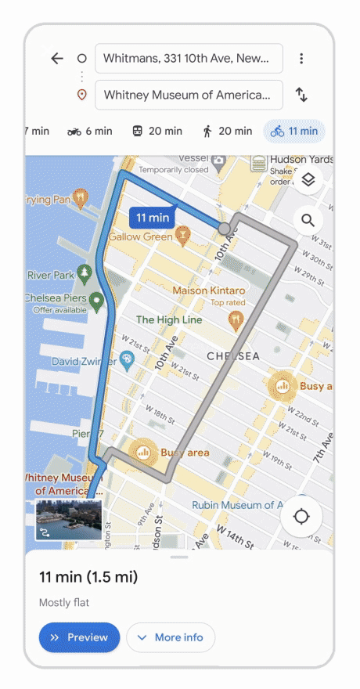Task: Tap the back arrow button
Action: (56, 59)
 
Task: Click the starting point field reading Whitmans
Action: (188, 59)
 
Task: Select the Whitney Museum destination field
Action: (188, 95)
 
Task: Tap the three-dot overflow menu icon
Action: (301, 59)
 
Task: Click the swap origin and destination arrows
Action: (301, 95)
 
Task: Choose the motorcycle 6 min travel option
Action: (90, 132)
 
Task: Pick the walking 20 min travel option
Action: (227, 132)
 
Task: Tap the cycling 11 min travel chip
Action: (294, 132)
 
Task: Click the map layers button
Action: (308, 180)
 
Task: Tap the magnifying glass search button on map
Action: (308, 221)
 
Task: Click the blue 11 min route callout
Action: (152, 218)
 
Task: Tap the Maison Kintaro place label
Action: (208, 290)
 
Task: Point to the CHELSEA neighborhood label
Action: (233, 356)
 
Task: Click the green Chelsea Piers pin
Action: (96, 301)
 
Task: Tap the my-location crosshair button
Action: (302, 517)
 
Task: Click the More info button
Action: (171, 637)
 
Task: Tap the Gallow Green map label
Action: (141, 237)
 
